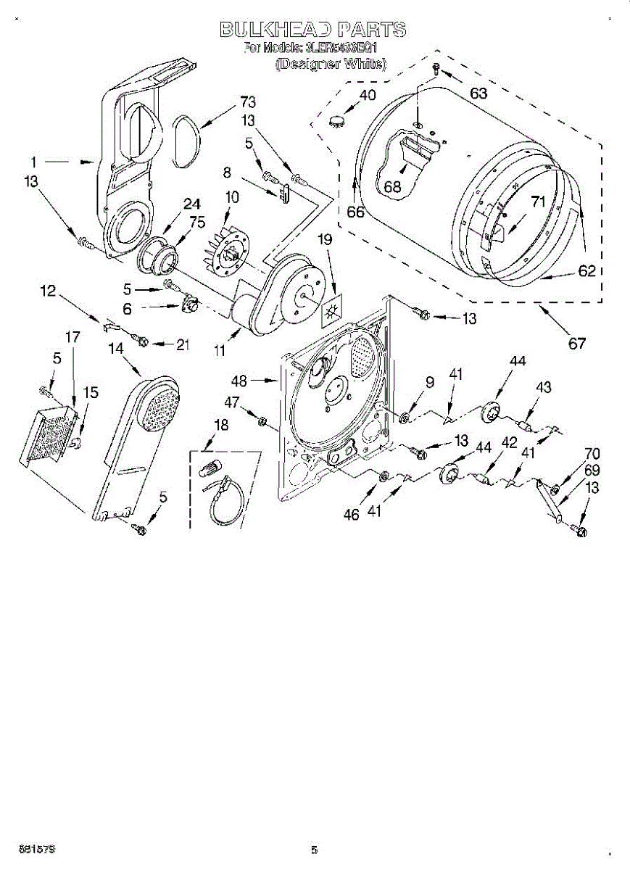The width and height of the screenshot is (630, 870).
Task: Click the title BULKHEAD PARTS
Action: tap(312, 30)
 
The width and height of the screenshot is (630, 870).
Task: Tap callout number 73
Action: tap(248, 102)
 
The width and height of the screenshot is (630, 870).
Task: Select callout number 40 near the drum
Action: tap(368, 95)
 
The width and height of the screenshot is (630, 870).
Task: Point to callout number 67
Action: tap(576, 344)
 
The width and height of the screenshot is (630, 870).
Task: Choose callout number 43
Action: tap(543, 388)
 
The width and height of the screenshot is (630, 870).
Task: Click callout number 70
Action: tap(592, 455)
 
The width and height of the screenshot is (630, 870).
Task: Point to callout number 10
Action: tap(232, 196)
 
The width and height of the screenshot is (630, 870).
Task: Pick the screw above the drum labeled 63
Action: tap(435, 68)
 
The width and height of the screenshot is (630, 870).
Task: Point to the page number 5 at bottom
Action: tap(315, 850)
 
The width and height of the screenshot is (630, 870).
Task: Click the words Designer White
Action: tap(331, 64)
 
